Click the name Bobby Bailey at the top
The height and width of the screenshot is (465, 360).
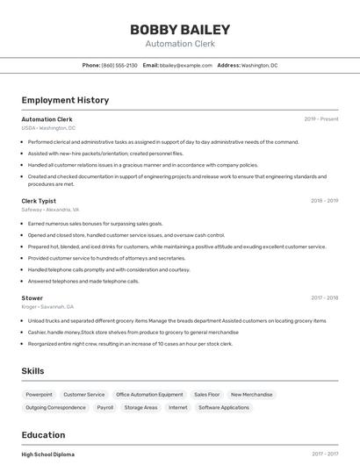tap(179, 29)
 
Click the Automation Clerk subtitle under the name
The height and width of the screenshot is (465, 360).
tap(179, 43)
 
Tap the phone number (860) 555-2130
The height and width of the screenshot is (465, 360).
tap(119, 65)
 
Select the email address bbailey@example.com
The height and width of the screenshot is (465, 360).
tap(186, 65)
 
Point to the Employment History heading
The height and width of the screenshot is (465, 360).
tap(65, 100)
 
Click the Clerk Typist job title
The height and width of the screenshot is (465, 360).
tap(39, 200)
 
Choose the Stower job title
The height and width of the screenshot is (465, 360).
tap(32, 297)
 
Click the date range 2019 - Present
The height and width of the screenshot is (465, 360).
tap(321, 118)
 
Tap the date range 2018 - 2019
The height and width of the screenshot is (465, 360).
tap(324, 200)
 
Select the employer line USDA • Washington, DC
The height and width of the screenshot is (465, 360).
tap(48, 127)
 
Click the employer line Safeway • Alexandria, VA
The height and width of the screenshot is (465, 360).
tap(50, 210)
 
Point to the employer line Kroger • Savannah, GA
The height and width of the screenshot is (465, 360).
tap(47, 306)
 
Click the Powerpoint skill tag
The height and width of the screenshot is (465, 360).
tap(39, 395)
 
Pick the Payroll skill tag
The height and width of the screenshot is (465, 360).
tap(105, 407)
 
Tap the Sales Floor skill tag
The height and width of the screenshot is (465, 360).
tap(207, 395)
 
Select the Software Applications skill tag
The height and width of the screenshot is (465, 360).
tap(224, 407)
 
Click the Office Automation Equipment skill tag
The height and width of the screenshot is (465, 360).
tap(149, 395)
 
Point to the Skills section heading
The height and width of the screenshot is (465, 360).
tap(32, 371)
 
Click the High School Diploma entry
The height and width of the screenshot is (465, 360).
tap(48, 454)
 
